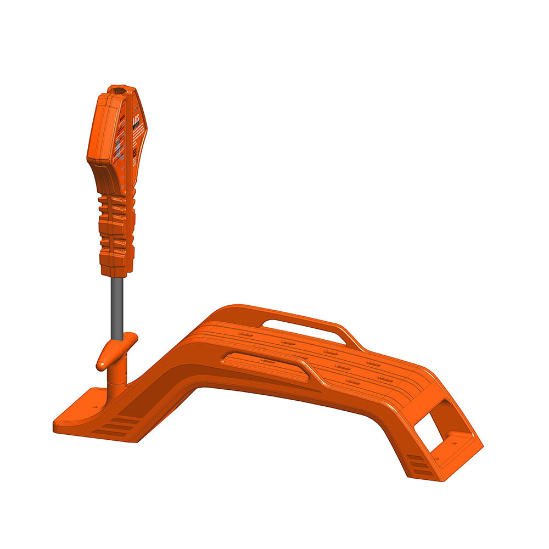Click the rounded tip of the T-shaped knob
[x=102, y=363]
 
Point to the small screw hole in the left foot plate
[x=96, y=407]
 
